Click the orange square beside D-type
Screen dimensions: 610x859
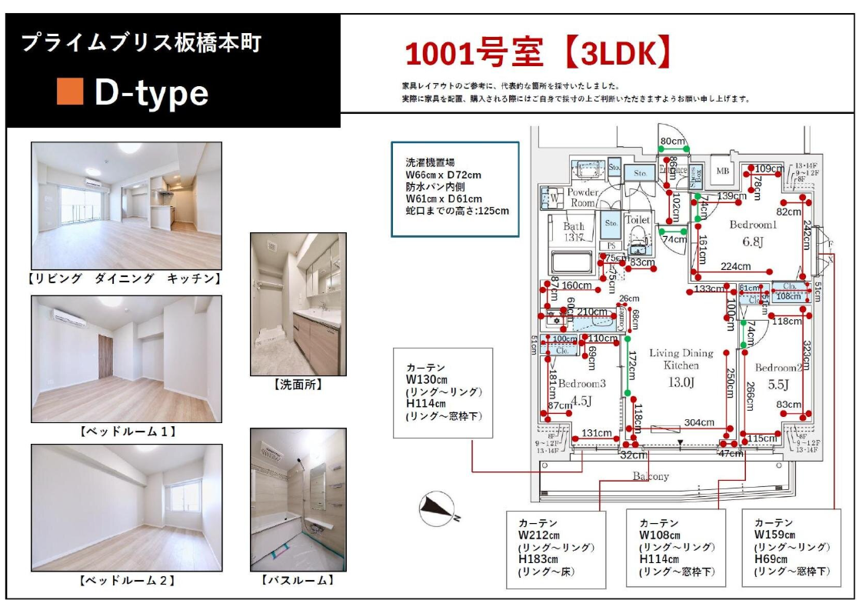(70, 92)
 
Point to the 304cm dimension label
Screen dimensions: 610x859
(699, 422)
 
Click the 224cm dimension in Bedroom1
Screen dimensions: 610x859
(735, 267)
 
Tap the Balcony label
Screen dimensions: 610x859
(650, 476)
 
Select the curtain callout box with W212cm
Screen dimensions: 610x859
(556, 549)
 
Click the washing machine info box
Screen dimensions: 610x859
(454, 188)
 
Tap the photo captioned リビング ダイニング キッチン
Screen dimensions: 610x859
(126, 205)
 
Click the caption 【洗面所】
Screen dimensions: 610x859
(298, 385)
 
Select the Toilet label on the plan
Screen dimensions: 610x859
(637, 220)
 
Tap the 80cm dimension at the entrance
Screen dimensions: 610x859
(672, 141)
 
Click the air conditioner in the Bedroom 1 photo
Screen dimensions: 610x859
(69, 317)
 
